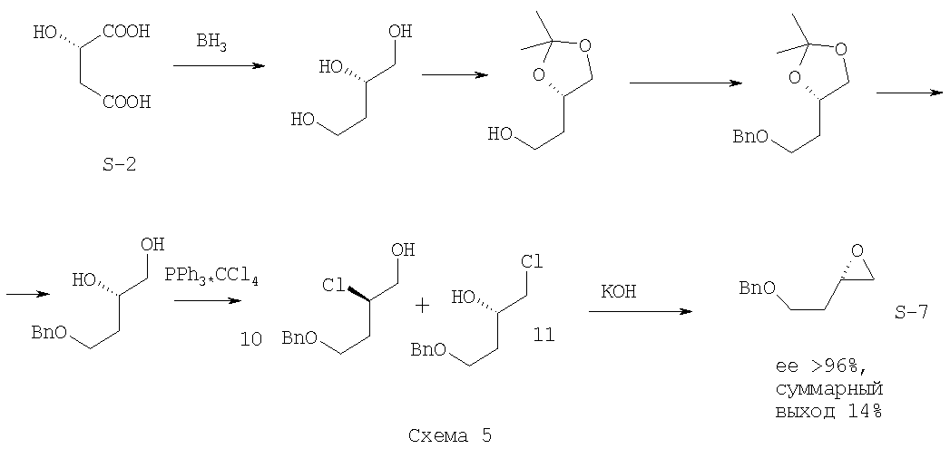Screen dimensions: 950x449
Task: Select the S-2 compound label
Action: tap(120, 163)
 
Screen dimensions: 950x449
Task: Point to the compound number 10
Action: tap(250, 340)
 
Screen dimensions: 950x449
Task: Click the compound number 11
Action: tap(544, 334)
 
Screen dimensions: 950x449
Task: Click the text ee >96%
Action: tap(818, 366)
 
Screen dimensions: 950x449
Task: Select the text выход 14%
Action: tap(828, 412)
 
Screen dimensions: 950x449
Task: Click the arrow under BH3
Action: tap(219, 65)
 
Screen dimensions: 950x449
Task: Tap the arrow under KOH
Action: tap(641, 311)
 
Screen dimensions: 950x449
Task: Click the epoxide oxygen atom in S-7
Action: tap(857, 251)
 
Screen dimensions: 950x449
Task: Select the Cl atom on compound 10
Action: tap(333, 286)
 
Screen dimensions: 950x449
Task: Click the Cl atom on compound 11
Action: tap(531, 262)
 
